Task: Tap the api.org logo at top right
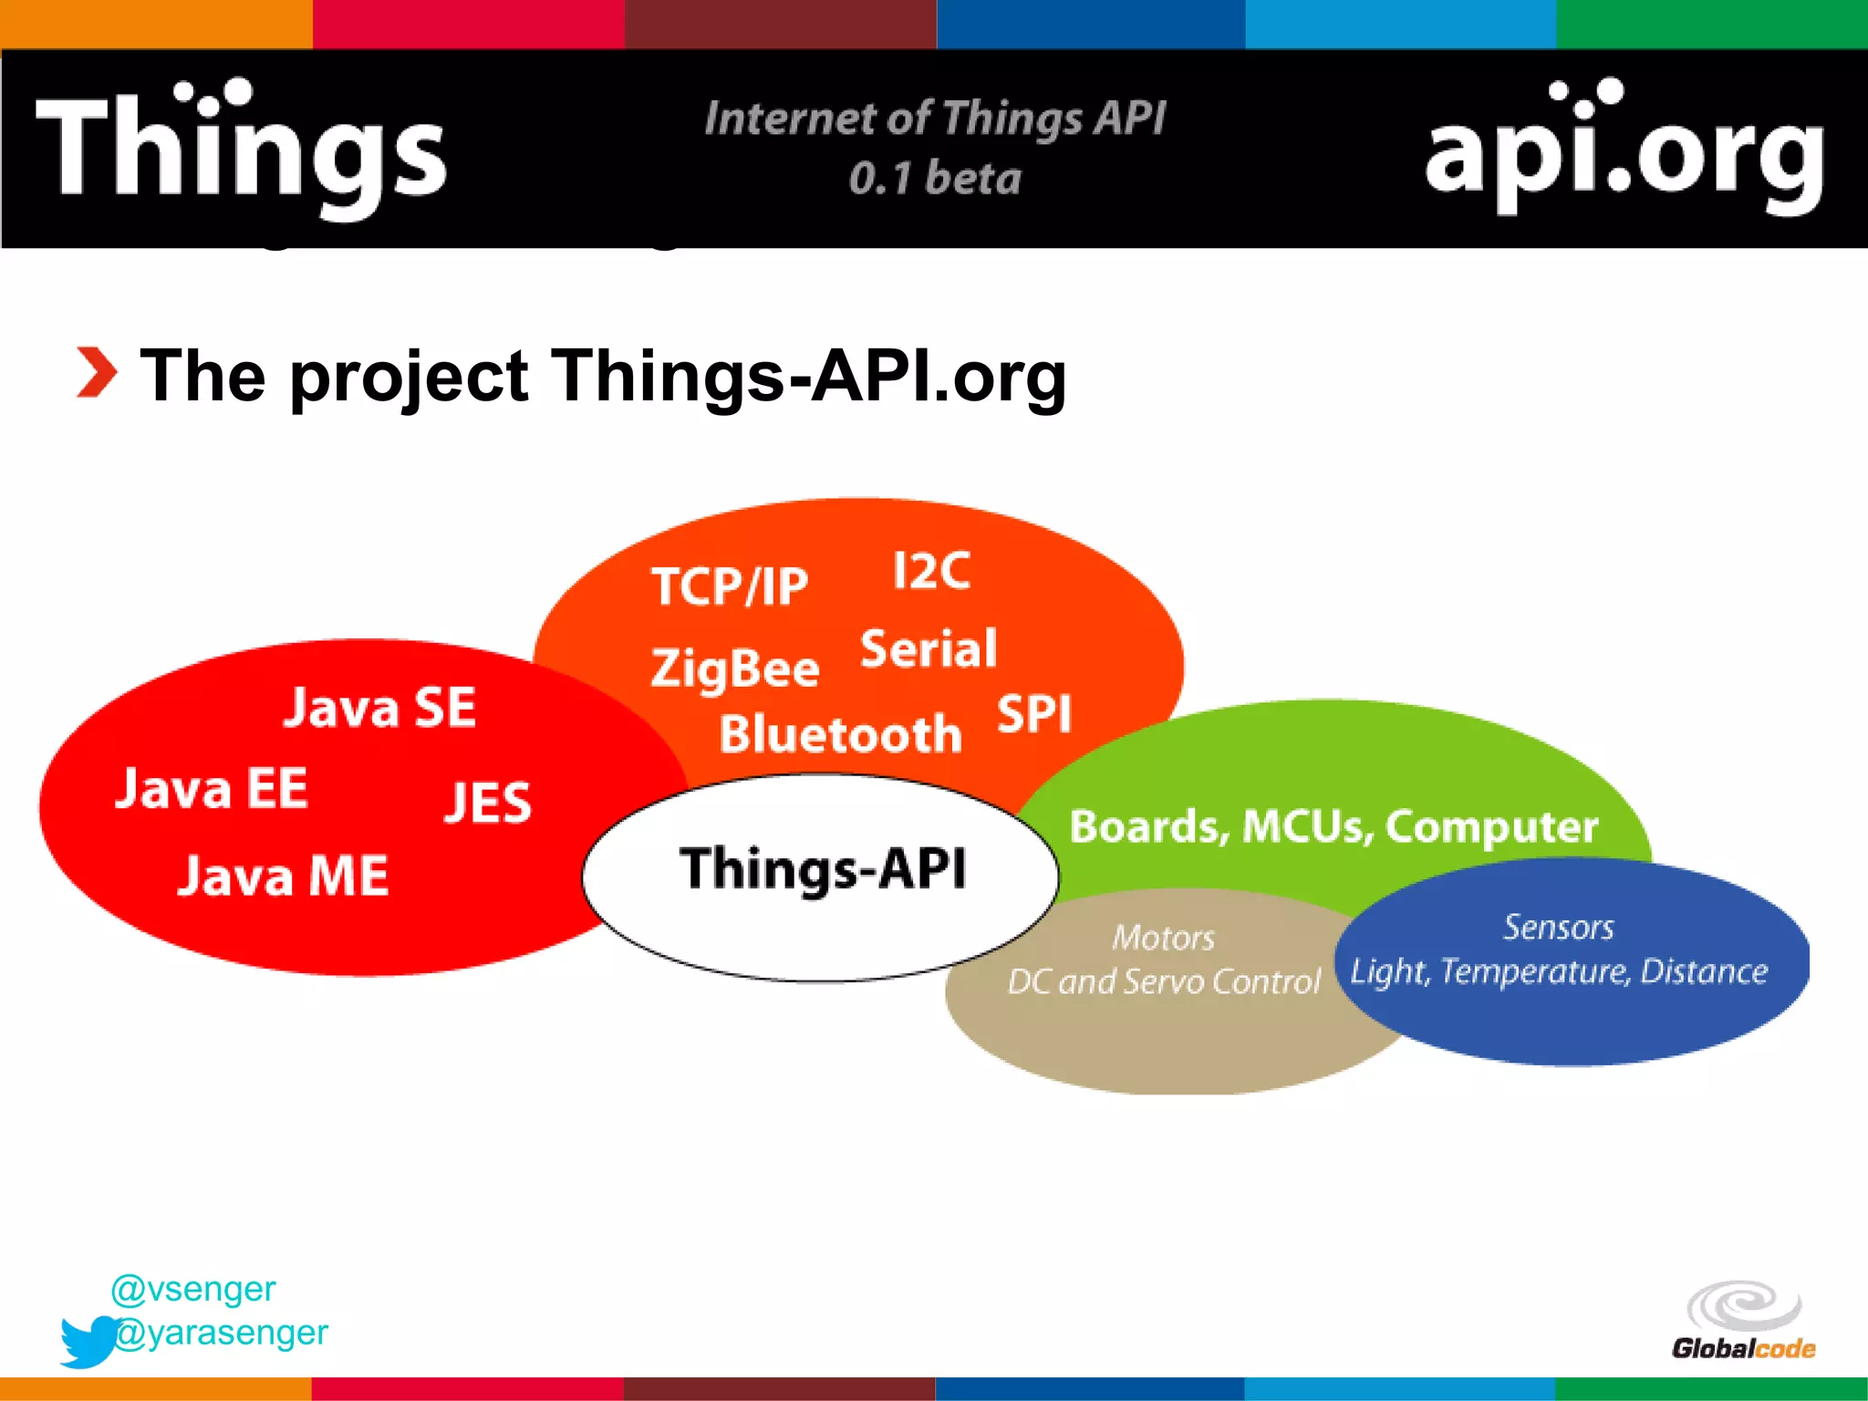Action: point(1624,150)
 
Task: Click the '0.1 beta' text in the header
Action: point(935,178)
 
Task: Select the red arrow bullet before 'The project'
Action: point(96,373)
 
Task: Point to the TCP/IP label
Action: point(730,586)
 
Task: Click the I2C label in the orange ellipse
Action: point(931,572)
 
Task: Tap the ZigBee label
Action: point(735,668)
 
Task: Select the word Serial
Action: point(929,649)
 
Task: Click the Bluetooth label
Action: point(840,734)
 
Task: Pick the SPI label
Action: point(1034,713)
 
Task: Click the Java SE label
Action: point(379,707)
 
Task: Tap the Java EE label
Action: point(212,789)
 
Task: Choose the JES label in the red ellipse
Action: point(488,803)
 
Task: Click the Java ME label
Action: point(283,876)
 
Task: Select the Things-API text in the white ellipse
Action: point(823,868)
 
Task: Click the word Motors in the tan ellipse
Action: point(1163,938)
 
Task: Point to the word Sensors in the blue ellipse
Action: point(1558,928)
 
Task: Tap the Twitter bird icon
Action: point(88,1341)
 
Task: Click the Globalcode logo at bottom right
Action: point(1743,1321)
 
